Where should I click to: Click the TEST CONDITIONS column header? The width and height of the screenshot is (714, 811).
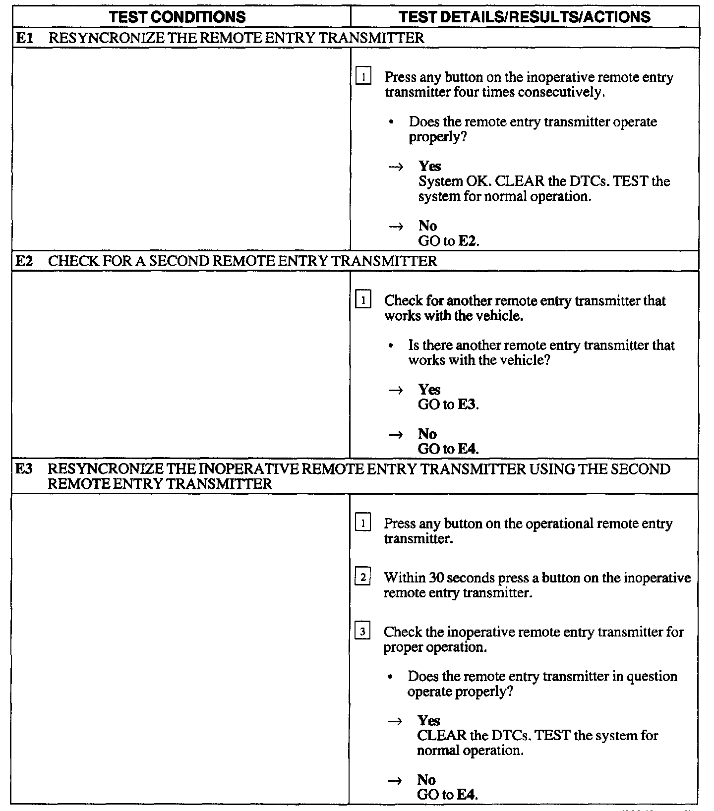pyautogui.click(x=177, y=17)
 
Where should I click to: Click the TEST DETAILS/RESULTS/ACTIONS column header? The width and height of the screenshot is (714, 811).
pyautogui.click(x=525, y=17)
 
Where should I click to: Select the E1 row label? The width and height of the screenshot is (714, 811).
pyautogui.click(x=24, y=38)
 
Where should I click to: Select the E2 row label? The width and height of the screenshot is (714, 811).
pyautogui.click(x=24, y=261)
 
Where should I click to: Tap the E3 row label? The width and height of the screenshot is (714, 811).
pyautogui.click(x=24, y=469)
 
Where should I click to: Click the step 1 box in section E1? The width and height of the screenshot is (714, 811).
pyautogui.click(x=363, y=77)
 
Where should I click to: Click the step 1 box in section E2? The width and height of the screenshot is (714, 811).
pyautogui.click(x=363, y=300)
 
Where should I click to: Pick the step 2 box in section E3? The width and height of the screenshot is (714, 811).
pyautogui.click(x=363, y=578)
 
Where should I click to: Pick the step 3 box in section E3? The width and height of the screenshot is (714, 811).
pyautogui.click(x=363, y=632)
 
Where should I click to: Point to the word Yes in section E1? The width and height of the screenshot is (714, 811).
pyautogui.click(x=429, y=166)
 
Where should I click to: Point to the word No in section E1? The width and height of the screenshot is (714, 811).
pyautogui.click(x=427, y=226)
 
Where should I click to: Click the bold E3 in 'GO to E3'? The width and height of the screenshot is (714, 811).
pyautogui.click(x=467, y=405)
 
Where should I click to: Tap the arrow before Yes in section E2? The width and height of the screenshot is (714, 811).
pyautogui.click(x=396, y=390)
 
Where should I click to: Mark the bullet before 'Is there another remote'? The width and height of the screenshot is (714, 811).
pyautogui.click(x=392, y=346)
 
